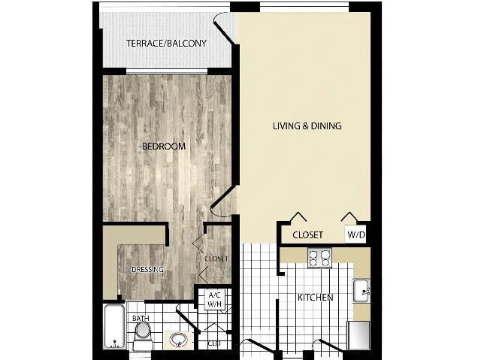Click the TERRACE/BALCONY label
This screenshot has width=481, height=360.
point(166,44)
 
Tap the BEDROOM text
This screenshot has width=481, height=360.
point(164,147)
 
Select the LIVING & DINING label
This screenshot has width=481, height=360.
point(307,126)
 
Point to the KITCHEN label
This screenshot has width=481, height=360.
point(315,298)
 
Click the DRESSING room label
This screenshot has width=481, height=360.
point(147,270)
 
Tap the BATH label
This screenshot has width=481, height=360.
point(141,319)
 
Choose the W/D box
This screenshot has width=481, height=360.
point(355,235)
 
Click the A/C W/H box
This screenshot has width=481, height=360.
point(214,298)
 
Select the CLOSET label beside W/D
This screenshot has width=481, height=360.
point(307,235)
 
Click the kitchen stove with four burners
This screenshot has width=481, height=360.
point(320,258)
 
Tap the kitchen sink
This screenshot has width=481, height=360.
point(361,289)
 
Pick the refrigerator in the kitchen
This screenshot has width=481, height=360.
point(358,334)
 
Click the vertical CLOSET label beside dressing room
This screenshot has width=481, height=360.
point(216,259)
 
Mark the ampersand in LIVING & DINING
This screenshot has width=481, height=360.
point(305,126)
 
